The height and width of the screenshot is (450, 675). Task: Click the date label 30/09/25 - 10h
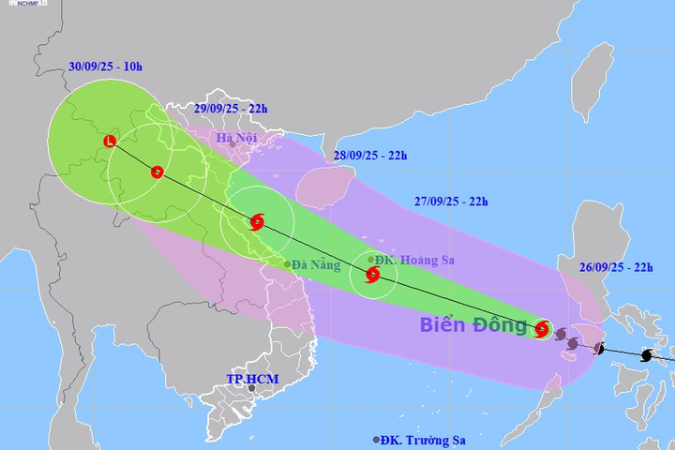105,67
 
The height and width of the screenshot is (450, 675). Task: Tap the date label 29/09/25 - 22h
230,108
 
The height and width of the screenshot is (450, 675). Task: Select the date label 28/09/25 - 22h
370,155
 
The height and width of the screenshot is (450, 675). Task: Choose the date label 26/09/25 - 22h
617,265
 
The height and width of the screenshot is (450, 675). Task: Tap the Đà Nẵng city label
316,264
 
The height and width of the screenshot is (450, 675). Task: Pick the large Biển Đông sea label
473,325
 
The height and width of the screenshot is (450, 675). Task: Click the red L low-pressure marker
111,142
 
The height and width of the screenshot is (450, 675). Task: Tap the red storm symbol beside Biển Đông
542,329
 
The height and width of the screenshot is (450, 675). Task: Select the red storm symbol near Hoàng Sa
372,276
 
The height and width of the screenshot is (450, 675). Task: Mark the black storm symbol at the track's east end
646,355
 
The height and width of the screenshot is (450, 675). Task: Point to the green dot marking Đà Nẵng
288,264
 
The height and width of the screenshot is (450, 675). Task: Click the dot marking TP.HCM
251,387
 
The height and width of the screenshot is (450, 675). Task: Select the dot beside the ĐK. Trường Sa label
377,439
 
